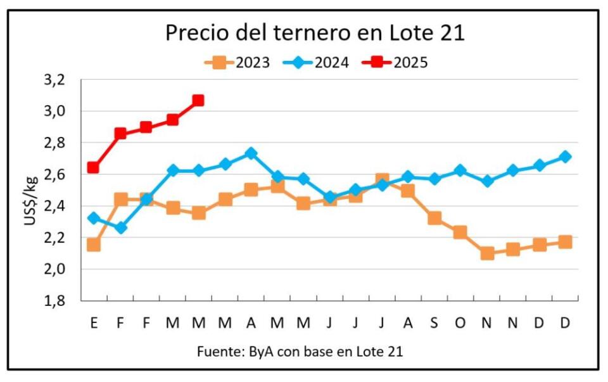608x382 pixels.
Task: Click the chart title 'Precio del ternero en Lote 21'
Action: click(x=315, y=32)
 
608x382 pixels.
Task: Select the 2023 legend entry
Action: click(x=237, y=62)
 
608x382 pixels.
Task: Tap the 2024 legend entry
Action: click(x=316, y=62)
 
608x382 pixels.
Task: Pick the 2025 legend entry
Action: click(x=395, y=62)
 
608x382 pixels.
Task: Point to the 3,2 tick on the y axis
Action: click(x=54, y=80)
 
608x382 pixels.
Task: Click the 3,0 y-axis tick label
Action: click(x=54, y=111)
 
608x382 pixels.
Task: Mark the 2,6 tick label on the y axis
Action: click(x=54, y=174)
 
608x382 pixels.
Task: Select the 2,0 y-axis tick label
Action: click(x=54, y=269)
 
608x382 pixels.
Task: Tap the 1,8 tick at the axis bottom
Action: click(x=54, y=300)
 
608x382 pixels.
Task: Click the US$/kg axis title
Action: click(x=31, y=201)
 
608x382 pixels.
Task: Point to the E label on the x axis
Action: click(x=94, y=322)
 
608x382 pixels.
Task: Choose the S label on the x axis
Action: click(x=434, y=322)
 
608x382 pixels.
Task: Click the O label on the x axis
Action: click(x=460, y=322)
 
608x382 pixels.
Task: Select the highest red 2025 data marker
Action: click(x=198, y=101)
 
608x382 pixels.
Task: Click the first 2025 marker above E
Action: click(x=93, y=167)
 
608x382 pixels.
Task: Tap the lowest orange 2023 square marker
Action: click(x=487, y=253)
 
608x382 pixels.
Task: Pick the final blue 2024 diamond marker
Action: click(x=566, y=156)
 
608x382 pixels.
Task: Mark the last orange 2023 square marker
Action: click(x=566, y=242)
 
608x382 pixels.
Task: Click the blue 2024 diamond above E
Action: click(x=94, y=218)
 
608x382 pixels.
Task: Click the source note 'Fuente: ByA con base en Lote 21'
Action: click(x=300, y=352)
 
